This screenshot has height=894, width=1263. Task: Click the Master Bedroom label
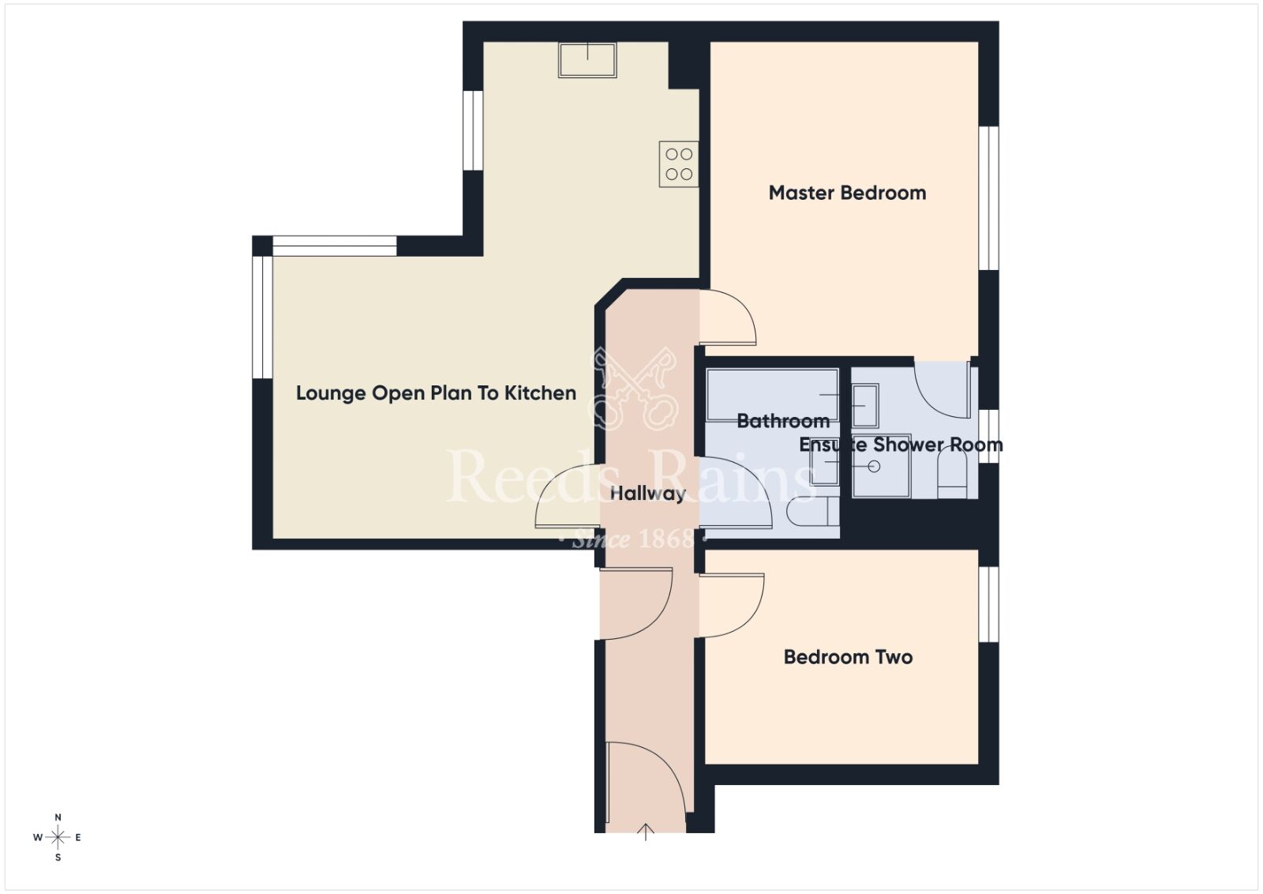tap(847, 193)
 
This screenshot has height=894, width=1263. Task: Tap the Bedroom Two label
tap(848, 657)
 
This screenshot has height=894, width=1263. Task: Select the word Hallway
tap(647, 494)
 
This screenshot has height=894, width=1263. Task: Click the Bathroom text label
tap(782, 421)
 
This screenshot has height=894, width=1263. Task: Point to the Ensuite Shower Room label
tap(901, 445)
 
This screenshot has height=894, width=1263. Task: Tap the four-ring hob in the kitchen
tap(679, 164)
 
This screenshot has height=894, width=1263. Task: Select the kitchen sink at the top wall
tap(587, 59)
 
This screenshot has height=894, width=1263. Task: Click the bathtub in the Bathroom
tap(772, 393)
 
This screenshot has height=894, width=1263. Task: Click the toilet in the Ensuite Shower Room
tap(952, 478)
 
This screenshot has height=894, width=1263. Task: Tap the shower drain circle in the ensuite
tap(874, 467)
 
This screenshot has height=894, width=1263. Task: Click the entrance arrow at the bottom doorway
tap(646, 831)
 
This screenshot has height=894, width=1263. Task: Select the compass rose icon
tap(58, 837)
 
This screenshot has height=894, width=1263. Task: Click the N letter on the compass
tap(58, 817)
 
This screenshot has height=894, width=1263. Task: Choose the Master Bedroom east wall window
tap(989, 197)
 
